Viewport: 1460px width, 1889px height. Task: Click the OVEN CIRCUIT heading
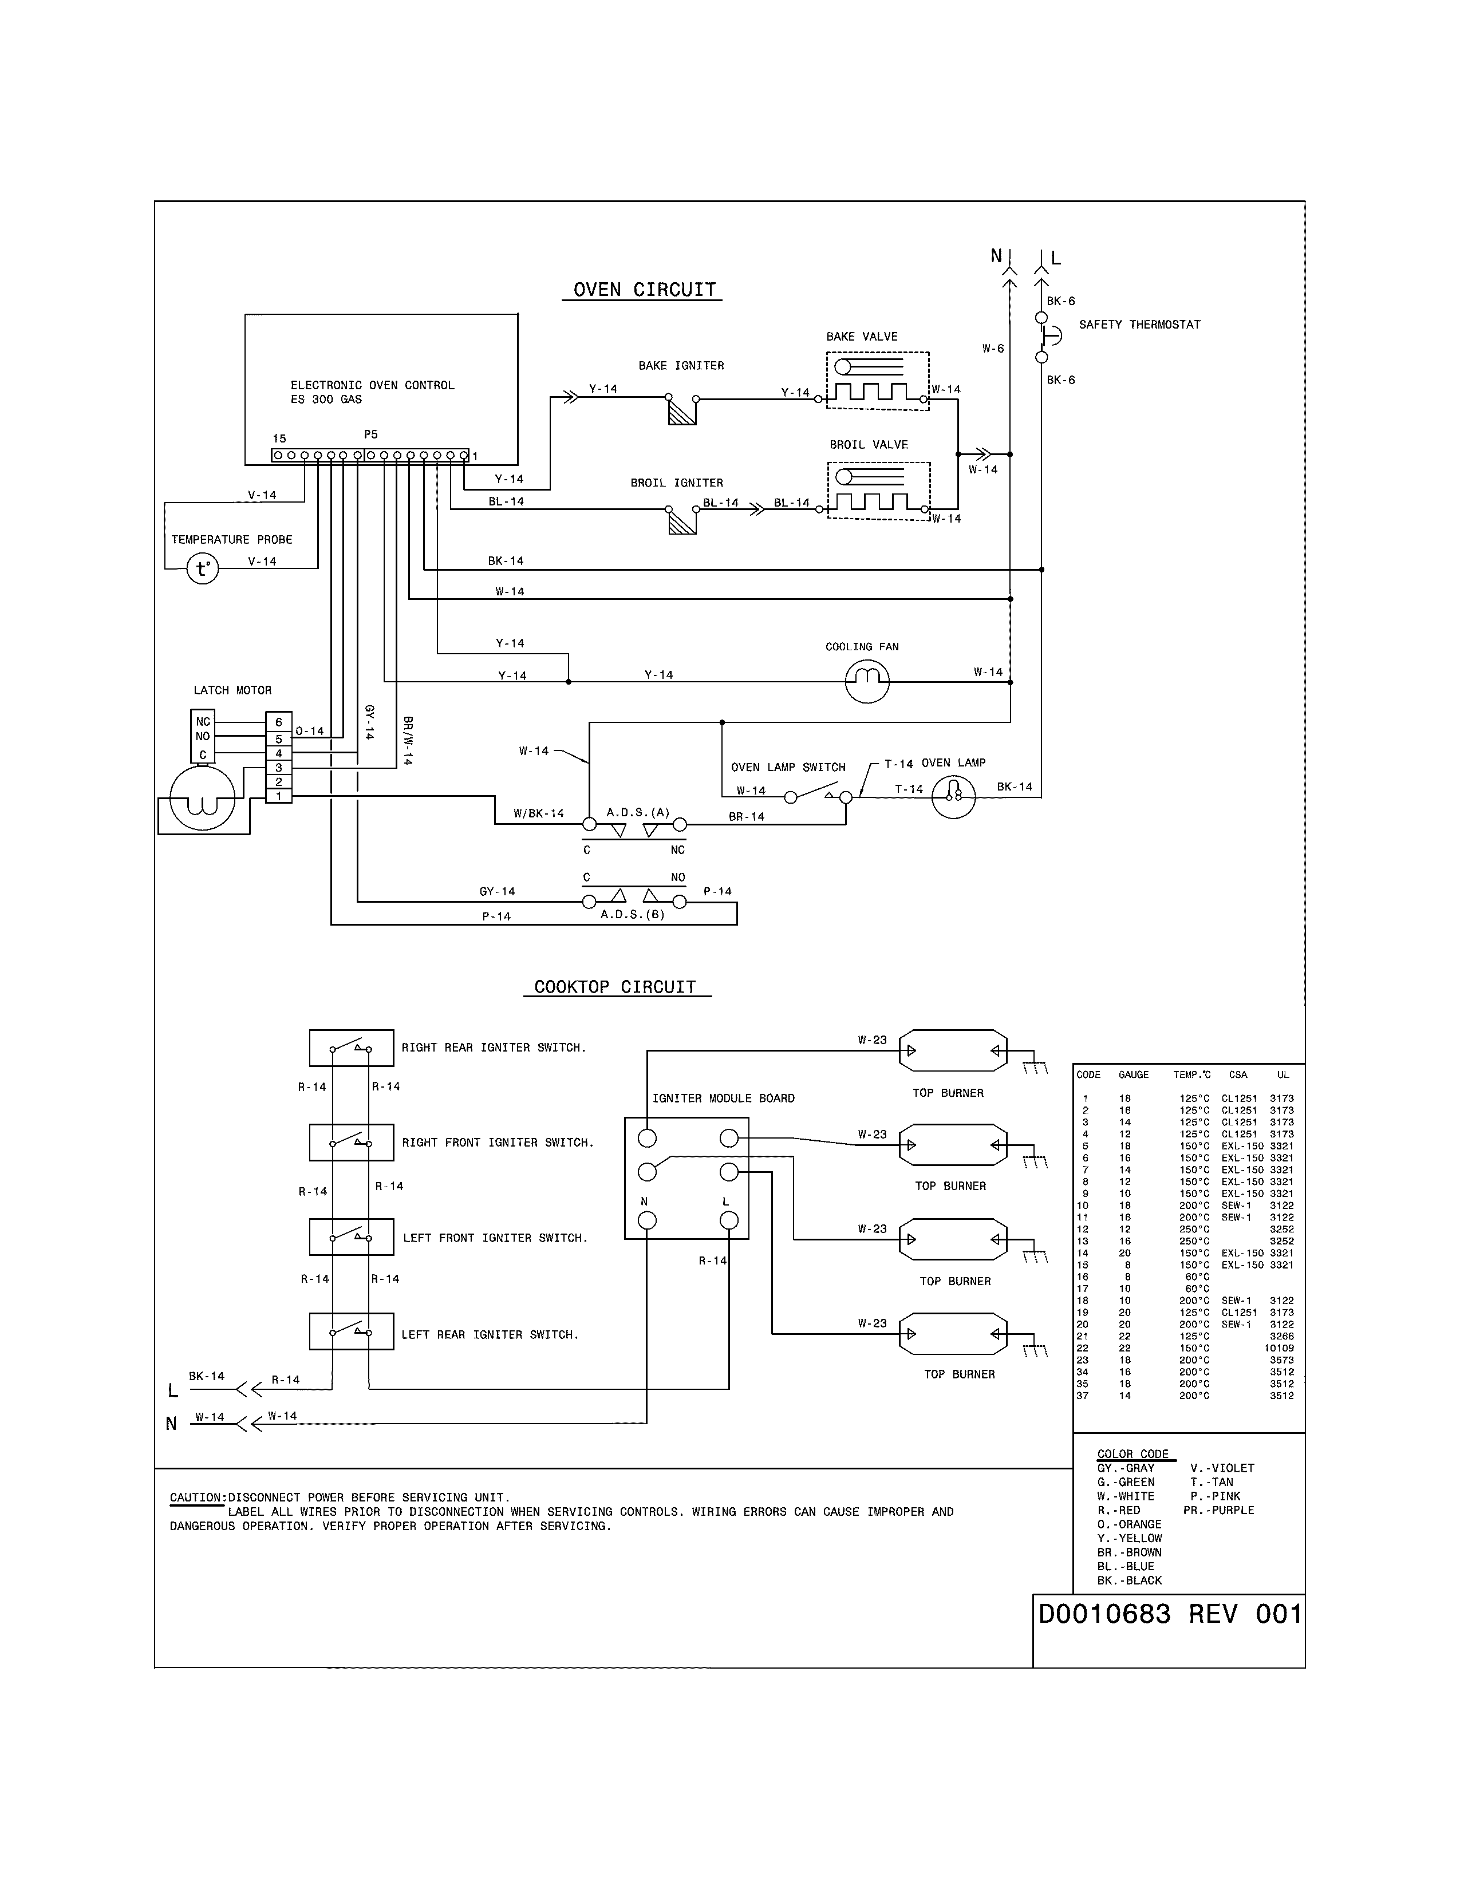point(644,290)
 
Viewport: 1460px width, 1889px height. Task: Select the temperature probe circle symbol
point(202,569)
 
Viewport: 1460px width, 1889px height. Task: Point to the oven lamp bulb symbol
point(953,797)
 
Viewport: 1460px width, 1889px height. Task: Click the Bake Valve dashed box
point(877,381)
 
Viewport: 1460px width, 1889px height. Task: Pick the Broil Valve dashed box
point(879,491)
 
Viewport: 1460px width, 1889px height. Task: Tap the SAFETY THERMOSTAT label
point(1139,325)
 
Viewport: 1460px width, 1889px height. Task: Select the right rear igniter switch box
point(351,1048)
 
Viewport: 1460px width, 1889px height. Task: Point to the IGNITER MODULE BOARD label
point(723,1098)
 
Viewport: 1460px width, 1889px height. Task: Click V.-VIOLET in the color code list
point(1221,1468)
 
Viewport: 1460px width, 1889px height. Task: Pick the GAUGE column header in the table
point(1133,1075)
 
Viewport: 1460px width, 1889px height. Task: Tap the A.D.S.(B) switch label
point(632,914)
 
